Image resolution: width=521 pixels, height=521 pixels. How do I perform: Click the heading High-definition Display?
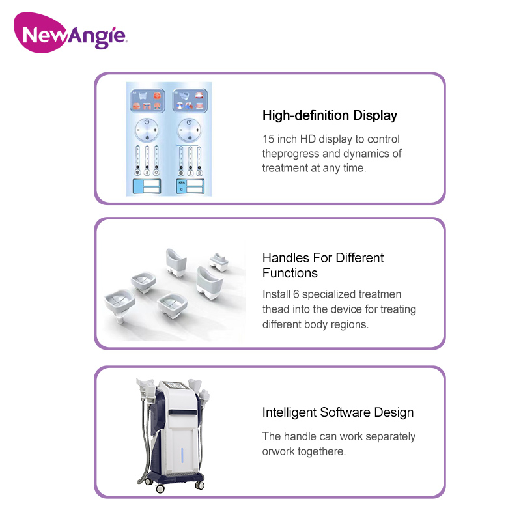tap(330, 116)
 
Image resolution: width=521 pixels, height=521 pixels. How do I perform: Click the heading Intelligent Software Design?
tap(337, 412)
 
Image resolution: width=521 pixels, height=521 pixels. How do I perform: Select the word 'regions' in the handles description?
tap(348, 324)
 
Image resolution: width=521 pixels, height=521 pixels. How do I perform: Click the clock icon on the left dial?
tap(148, 121)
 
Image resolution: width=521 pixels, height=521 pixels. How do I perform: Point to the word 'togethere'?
tap(322, 451)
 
